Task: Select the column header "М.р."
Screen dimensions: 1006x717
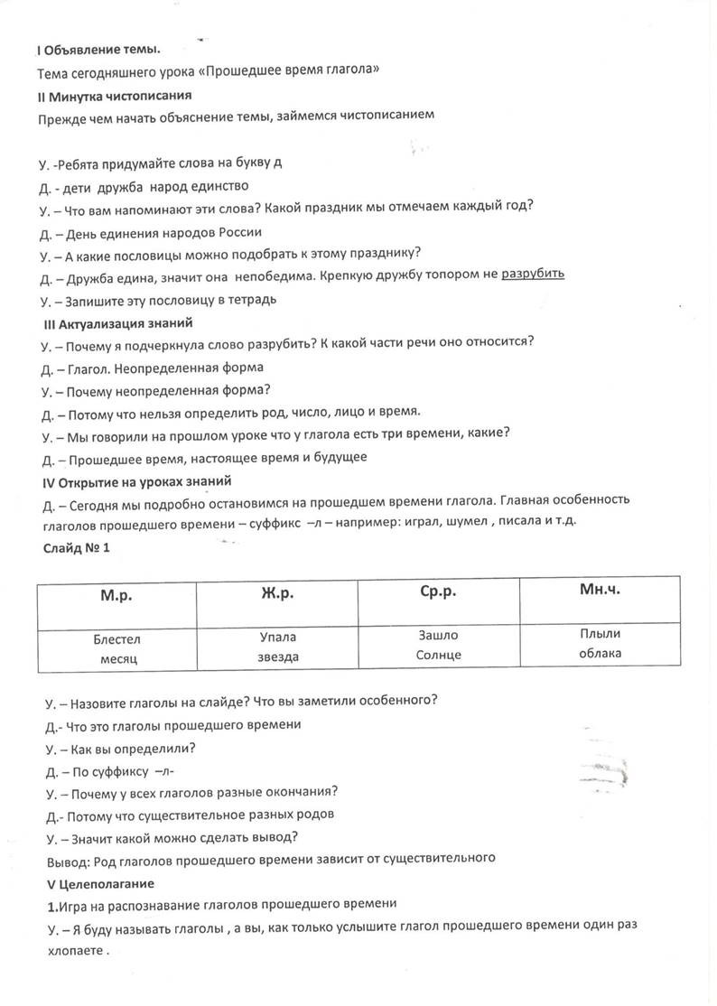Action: pos(117,598)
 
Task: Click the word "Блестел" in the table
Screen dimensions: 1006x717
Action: pos(117,639)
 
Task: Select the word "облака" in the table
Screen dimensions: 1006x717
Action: pos(600,653)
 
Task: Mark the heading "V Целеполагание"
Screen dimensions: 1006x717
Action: pos(100,881)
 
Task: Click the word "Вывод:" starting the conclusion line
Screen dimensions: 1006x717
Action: pos(66,858)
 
